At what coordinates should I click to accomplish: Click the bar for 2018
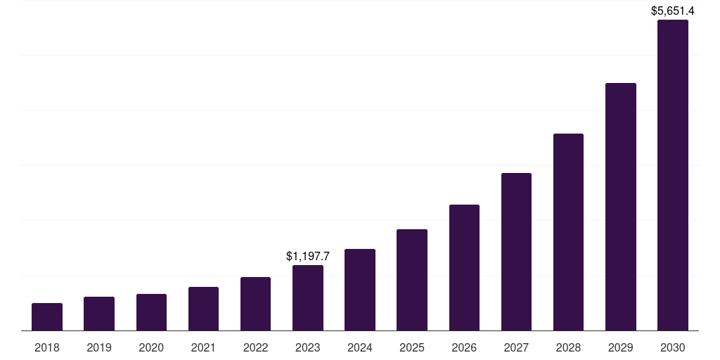[47, 316]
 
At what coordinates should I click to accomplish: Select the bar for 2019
[99, 314]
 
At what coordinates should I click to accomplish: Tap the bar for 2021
[203, 309]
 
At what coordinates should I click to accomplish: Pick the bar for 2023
[308, 297]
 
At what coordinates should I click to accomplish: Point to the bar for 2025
[412, 280]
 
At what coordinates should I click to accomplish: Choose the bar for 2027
[516, 252]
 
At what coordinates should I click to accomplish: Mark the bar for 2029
[621, 207]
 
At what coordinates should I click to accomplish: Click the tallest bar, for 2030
[673, 175]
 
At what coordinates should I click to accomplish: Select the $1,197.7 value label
[308, 257]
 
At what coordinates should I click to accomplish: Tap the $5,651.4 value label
[673, 11]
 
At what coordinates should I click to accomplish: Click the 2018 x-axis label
[47, 347]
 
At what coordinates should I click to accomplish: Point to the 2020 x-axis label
[151, 347]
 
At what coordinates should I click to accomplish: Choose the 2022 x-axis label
[256, 347]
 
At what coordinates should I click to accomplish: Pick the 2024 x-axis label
[360, 347]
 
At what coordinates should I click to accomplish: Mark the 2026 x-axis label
[464, 347]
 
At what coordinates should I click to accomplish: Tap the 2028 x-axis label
[568, 347]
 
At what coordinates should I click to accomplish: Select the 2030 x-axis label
[673, 347]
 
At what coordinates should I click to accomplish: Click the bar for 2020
[151, 312]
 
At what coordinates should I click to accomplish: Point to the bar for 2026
[464, 267]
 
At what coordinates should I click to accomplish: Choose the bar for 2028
[568, 232]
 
